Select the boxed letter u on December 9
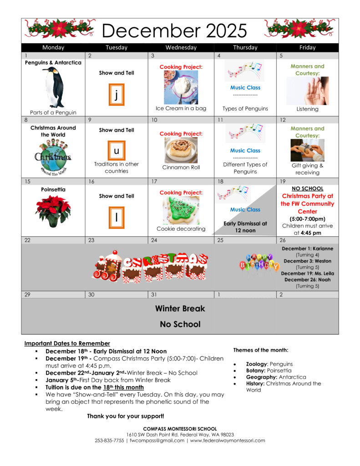(x=117, y=150)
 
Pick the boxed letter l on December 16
(x=117, y=218)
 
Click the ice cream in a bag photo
(x=181, y=87)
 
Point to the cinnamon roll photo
(x=181, y=150)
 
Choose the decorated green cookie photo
(x=181, y=210)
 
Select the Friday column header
(x=307, y=47)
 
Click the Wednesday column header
(x=181, y=47)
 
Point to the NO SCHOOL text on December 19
(x=307, y=188)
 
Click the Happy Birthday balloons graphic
(x=259, y=264)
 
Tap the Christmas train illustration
(x=150, y=266)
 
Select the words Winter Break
(x=180, y=308)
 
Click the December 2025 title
(x=174, y=30)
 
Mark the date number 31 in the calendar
(x=154, y=294)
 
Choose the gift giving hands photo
(x=307, y=150)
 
